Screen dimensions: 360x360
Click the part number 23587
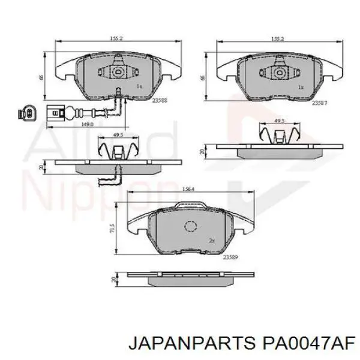[319, 103]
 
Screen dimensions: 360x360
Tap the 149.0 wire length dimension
[88, 125]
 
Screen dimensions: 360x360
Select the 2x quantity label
[211, 240]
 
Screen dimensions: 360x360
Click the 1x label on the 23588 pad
[139, 86]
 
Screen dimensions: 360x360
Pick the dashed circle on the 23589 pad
[191, 226]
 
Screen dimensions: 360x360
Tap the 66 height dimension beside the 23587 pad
[203, 77]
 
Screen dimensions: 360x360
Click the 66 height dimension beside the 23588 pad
[41, 76]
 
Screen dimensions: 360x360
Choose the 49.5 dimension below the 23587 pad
[279, 121]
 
